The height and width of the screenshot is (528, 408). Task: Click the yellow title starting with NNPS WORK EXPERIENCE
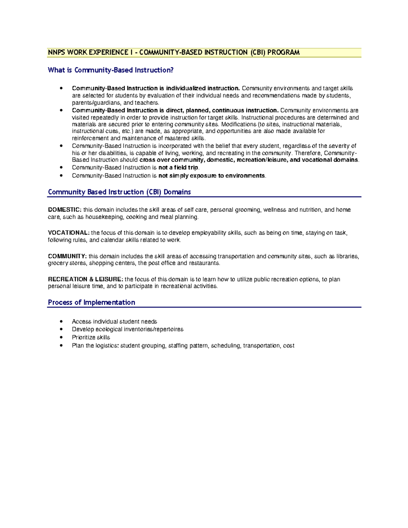173,52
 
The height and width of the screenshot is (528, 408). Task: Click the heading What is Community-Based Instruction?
111,70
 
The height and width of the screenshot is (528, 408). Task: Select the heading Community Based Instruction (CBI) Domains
119,192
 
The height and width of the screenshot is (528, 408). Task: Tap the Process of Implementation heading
91,302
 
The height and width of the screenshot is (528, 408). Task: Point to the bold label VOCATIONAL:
69,233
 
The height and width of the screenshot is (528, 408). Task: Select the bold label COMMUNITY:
67,256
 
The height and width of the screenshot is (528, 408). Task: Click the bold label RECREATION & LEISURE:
85,279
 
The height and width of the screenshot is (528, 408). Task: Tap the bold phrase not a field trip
178,168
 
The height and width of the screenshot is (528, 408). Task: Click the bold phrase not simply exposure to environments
211,176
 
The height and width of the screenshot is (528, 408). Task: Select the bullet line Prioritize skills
91,338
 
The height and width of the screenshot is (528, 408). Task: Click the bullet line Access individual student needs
114,322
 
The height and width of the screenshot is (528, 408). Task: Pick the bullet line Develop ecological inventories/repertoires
128,329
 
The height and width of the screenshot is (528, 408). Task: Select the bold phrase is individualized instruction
200,88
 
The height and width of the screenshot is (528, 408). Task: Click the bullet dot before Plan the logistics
61,346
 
